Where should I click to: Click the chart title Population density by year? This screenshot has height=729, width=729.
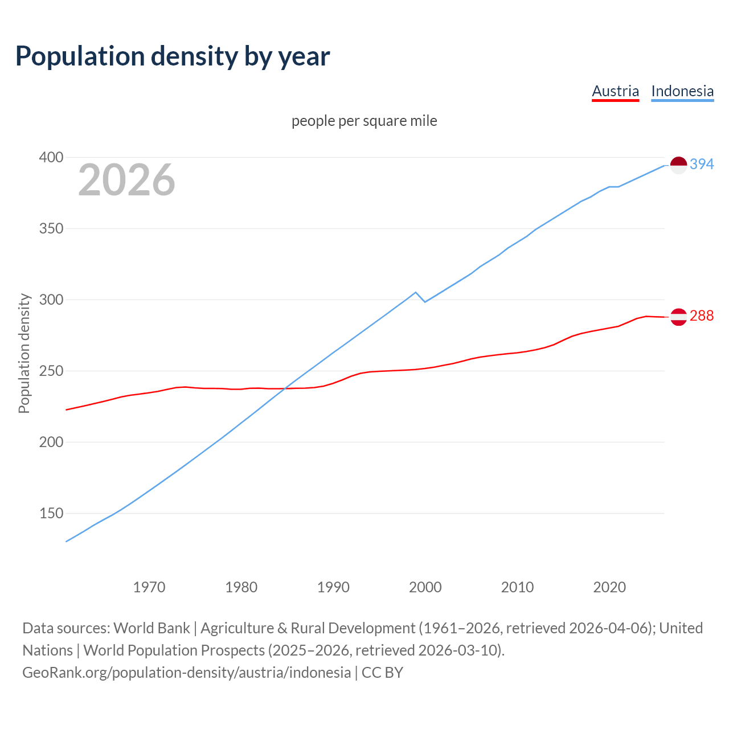pos(173,56)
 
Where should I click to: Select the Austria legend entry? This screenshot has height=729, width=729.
pos(615,91)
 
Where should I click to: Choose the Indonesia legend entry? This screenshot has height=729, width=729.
pos(682,91)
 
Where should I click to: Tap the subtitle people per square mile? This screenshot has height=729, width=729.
pos(364,121)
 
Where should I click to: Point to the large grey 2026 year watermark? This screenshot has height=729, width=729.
pos(126,181)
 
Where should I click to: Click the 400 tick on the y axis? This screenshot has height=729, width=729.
pos(51,158)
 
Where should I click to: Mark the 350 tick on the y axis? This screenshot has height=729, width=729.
pos(51,229)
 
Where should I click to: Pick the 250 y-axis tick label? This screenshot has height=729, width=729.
pos(51,371)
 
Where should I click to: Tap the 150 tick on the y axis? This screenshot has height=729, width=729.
pos(51,514)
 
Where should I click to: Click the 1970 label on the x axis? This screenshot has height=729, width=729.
pos(149,587)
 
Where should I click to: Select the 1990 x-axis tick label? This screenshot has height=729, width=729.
pos(333,587)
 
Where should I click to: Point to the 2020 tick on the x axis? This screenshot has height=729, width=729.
pos(609,587)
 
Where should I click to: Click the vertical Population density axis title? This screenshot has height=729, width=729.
pos(24,353)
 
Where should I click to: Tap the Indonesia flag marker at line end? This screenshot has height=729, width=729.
pos(678,165)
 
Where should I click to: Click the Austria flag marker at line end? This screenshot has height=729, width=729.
pos(678,317)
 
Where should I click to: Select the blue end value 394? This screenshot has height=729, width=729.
pos(702,165)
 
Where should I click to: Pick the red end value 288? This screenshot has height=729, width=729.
pos(702,316)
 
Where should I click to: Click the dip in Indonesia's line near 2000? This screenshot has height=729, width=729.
pos(425,301)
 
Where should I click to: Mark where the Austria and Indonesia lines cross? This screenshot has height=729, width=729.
pos(284,388)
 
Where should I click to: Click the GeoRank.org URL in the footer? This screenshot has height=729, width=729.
pos(186,673)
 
